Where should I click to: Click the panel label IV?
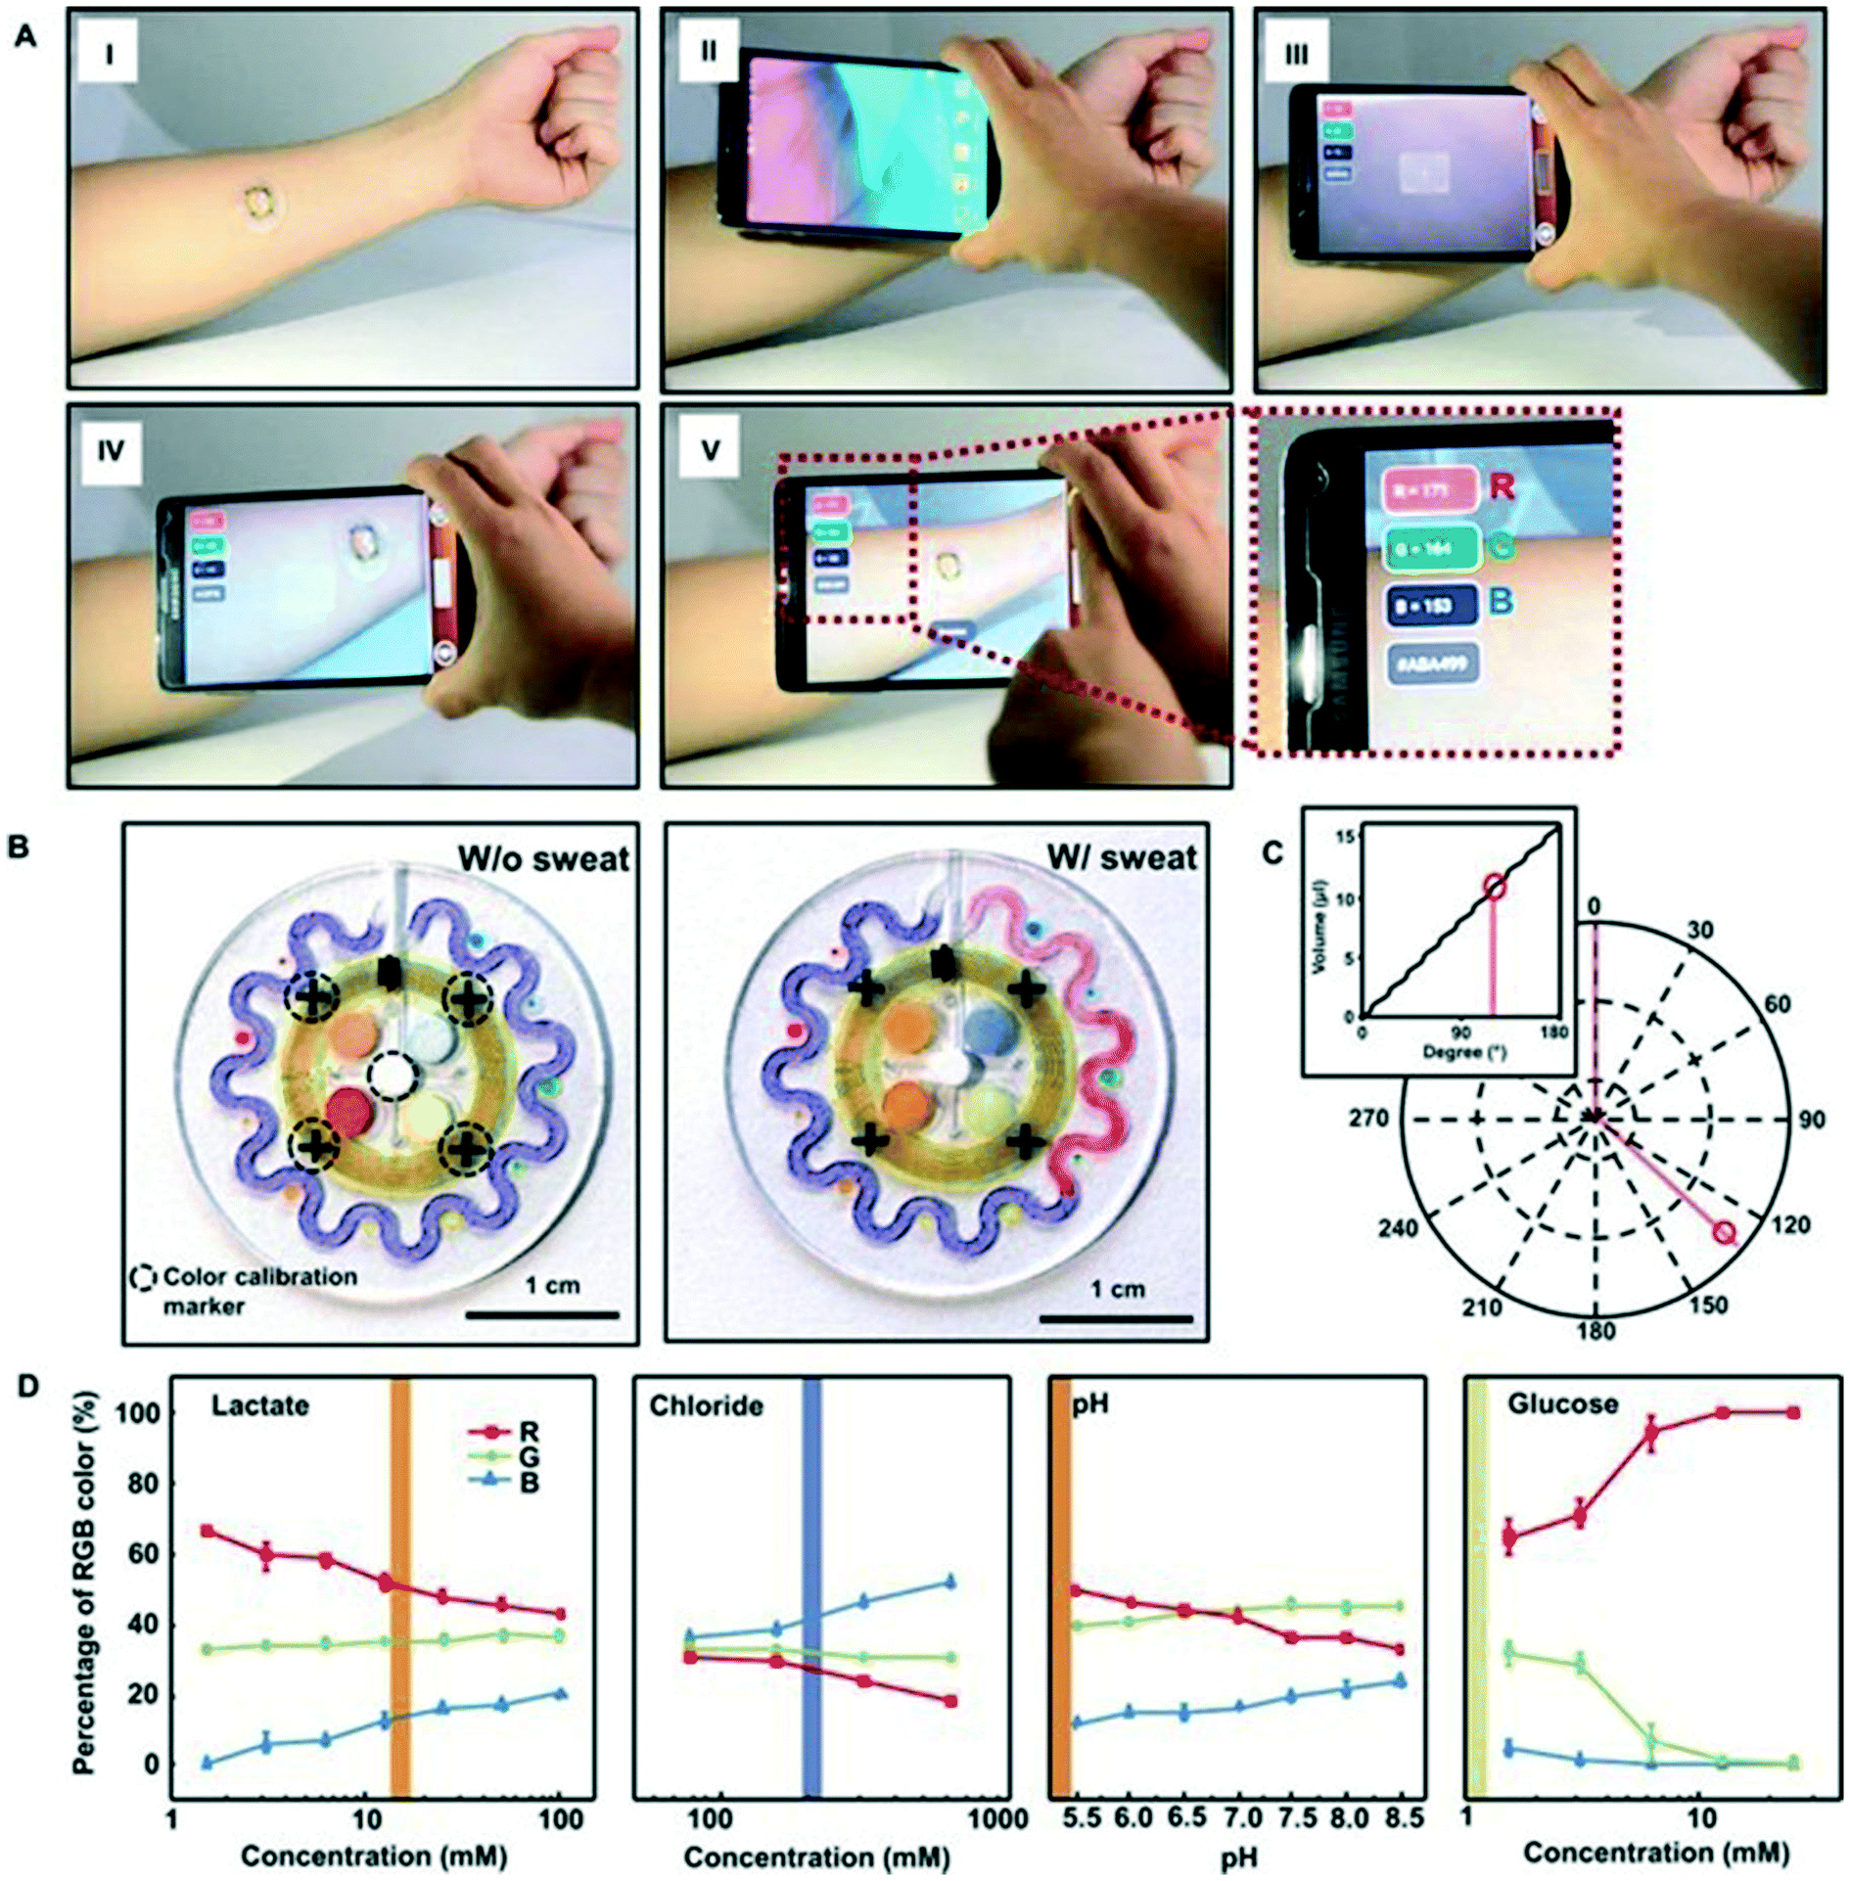(x=110, y=450)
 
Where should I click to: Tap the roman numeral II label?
(x=708, y=51)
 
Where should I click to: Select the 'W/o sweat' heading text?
(x=543, y=858)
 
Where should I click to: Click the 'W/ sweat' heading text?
(x=1121, y=858)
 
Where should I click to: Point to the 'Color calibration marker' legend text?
(x=258, y=1291)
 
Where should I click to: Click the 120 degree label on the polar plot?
(x=1789, y=1224)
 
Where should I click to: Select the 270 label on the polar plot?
(x=1368, y=1118)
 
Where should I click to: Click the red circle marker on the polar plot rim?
(x=1725, y=1232)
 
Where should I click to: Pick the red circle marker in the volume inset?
(x=1494, y=887)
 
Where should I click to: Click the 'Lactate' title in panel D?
(x=260, y=1406)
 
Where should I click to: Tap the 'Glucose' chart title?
(x=1562, y=1404)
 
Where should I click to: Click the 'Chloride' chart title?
(x=706, y=1406)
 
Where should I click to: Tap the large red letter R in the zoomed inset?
(x=1503, y=486)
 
